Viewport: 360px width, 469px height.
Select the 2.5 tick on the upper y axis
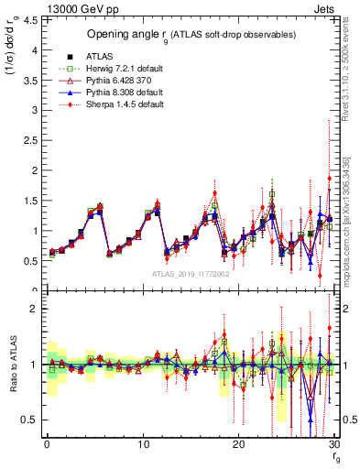(x=29, y=139)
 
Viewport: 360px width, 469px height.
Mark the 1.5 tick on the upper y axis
(x=29, y=200)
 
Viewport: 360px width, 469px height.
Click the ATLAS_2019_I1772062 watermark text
(x=189, y=273)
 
